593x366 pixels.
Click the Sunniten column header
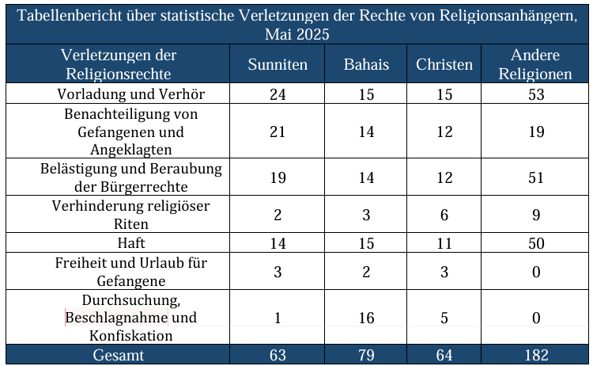278,65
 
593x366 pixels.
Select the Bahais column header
366,65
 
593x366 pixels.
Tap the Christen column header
444,65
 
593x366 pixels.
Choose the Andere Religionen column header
537,65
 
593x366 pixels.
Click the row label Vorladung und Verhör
131,94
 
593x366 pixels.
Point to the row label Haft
131,244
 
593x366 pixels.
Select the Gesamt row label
118,355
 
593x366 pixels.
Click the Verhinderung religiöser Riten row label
131,215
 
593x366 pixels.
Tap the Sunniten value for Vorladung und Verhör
278,94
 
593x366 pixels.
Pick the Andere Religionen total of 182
537,355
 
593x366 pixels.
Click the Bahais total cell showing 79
366,355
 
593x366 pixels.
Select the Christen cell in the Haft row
444,244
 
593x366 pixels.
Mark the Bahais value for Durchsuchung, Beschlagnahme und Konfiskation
366,318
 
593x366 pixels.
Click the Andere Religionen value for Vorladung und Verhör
537,94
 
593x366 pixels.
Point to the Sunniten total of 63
278,355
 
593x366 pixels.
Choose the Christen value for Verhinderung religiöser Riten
444,215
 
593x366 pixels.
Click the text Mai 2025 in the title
297,34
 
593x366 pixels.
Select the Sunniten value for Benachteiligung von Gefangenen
278,132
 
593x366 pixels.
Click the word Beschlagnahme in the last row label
117,318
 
